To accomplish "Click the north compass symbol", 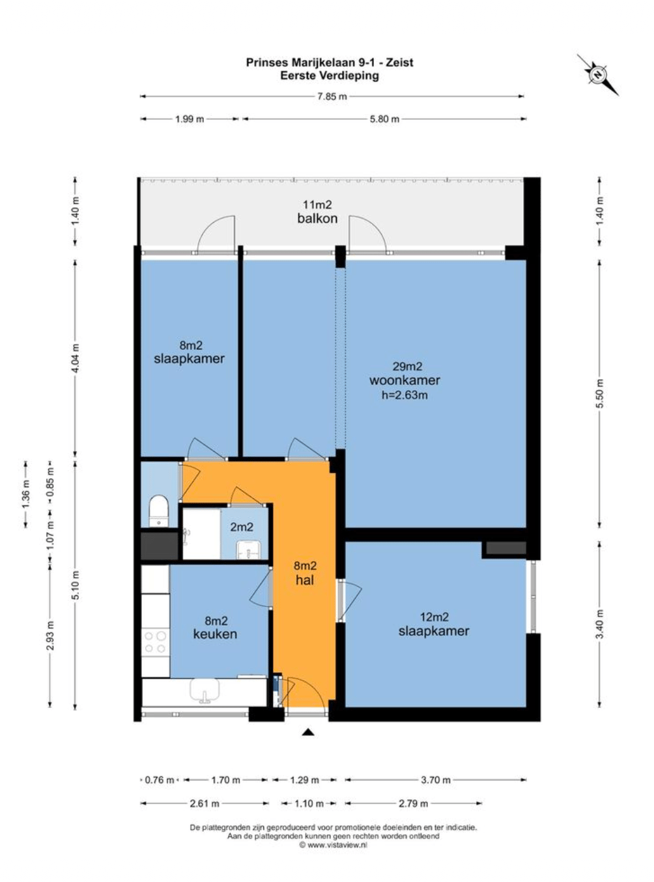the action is coord(597,74).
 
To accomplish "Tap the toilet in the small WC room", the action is coord(159,511).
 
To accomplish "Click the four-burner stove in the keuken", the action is coord(155,642).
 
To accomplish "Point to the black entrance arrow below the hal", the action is coord(307,732).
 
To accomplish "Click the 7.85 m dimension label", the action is coord(332,96).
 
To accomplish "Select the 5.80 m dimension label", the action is coord(384,119).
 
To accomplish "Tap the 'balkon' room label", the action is coord(317,218).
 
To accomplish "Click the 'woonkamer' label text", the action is coord(404,380).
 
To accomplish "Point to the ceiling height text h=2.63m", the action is coord(405,395).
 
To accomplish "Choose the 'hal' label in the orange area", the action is coord(305,580).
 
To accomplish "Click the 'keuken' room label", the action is coord(215,634).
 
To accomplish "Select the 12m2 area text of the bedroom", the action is coord(434,617).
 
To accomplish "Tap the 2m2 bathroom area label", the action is coord(242,527).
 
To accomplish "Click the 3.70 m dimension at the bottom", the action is coord(436,780).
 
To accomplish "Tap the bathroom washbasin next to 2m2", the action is coord(248,550).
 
